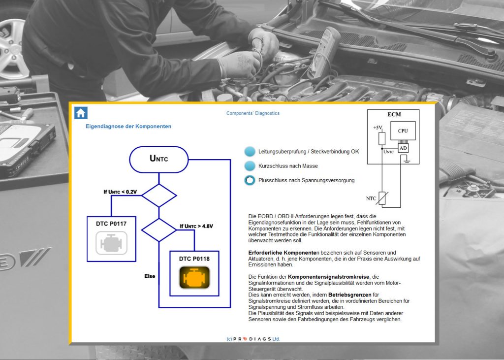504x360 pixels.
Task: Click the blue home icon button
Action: click(81, 113)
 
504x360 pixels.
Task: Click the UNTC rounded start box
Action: click(158, 159)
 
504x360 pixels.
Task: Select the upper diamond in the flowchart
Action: click(158, 196)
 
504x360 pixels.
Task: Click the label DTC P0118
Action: click(194, 259)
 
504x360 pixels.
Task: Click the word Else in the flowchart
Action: click(150, 276)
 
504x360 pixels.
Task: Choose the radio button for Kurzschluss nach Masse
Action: click(250, 166)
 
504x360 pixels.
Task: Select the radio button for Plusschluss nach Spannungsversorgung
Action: click(250, 180)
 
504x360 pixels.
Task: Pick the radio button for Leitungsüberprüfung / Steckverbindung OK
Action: click(250, 151)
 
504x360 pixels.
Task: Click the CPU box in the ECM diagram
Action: click(403, 131)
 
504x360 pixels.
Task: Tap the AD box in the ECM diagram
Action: click(403, 148)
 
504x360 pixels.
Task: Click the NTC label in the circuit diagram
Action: click(372, 198)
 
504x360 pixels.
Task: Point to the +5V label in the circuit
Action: click(378, 128)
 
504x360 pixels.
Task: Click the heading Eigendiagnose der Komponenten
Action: click(128, 127)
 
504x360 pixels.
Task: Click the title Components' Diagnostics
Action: click(252, 113)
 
